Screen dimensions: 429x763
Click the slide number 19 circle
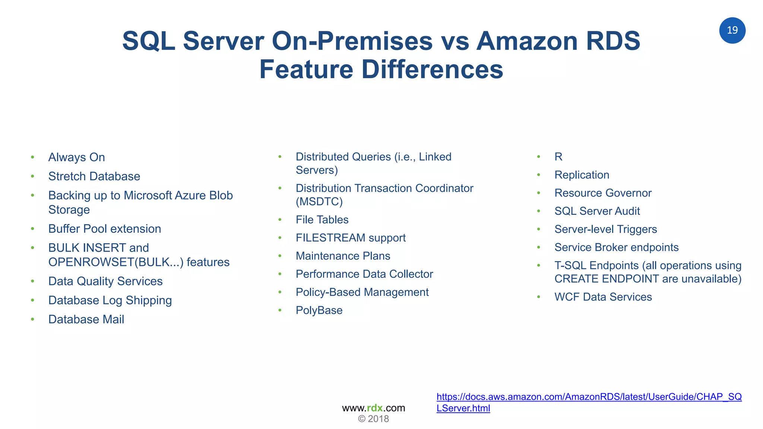[732, 30]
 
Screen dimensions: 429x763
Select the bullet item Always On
[76, 157]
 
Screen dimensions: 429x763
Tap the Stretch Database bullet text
[94, 176]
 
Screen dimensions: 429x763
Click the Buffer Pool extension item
[105, 229]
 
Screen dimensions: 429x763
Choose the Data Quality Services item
[105, 281]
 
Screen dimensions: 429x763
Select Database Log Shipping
[110, 300]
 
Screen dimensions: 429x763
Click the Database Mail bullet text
[86, 319]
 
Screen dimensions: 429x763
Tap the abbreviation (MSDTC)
[319, 201]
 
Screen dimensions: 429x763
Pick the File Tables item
[322, 220]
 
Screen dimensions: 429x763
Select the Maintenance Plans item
[343, 256]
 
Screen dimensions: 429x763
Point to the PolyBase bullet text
[319, 310]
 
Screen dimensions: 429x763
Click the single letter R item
[558, 157]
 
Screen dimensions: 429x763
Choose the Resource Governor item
[603, 193]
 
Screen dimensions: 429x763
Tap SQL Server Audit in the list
[597, 211]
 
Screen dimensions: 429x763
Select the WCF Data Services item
[603, 297]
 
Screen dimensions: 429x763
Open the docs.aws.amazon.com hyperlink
[589, 397]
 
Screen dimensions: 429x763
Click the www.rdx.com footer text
[373, 408]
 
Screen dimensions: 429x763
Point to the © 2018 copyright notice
[373, 419]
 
